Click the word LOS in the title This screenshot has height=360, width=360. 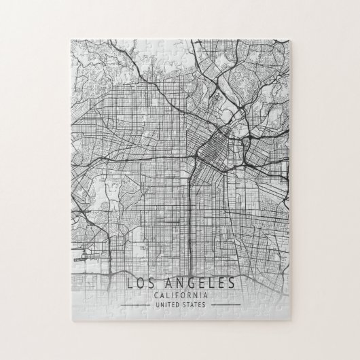[137, 282]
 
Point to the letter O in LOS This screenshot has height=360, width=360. [137, 282]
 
